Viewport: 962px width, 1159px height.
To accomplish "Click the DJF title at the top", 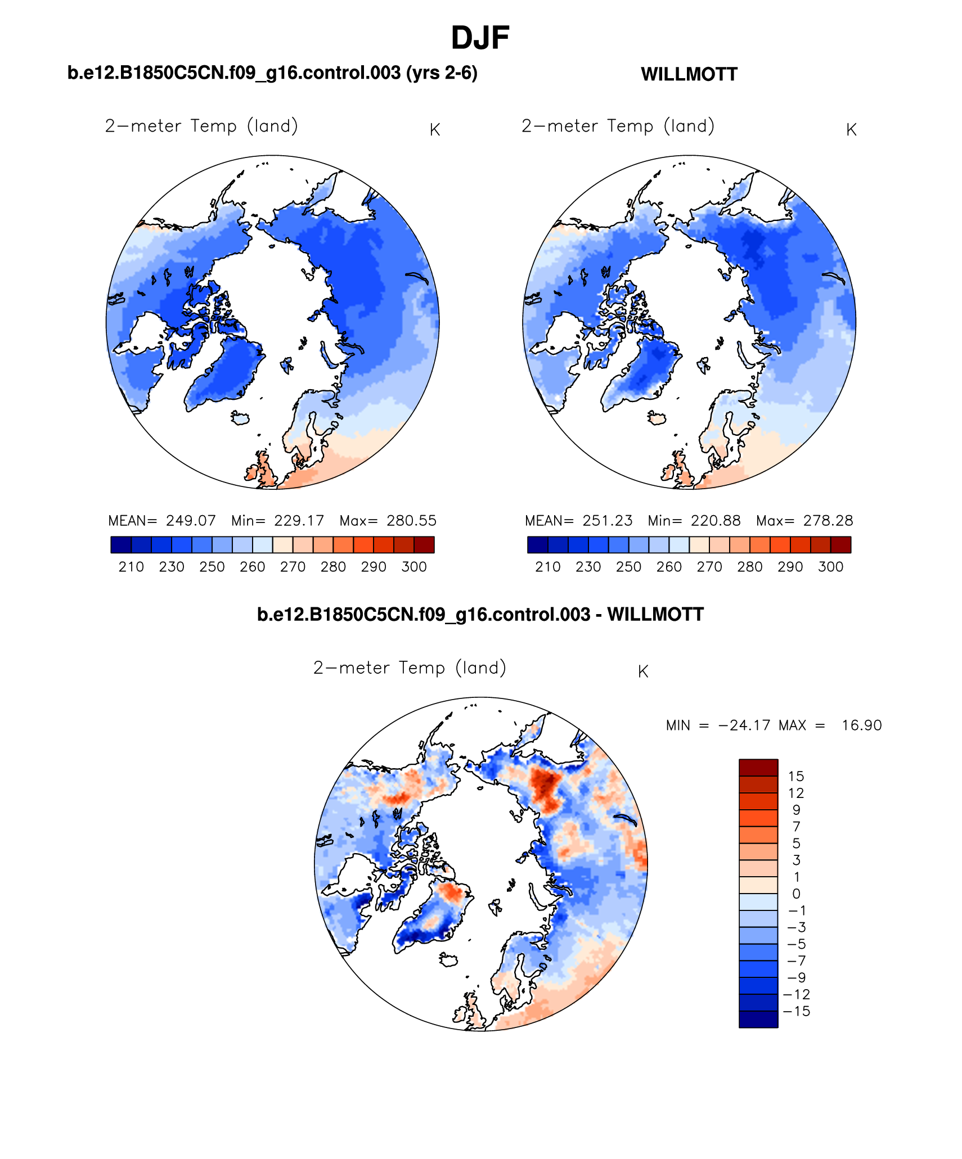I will point(480,38).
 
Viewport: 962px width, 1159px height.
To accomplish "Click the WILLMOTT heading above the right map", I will point(689,74).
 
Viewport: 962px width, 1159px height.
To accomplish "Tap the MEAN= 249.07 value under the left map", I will point(162,520).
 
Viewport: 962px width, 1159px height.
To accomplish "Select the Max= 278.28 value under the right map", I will point(804,520).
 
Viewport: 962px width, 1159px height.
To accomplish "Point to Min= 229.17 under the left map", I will point(277,520).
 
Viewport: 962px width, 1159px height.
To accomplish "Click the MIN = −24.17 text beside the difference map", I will point(717,725).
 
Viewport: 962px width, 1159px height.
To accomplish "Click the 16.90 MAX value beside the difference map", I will point(861,725).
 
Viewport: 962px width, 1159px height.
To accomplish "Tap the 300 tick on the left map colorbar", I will point(414,567).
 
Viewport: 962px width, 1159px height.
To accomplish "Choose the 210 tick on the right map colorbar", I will point(547,567).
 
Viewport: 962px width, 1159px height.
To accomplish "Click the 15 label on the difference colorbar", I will point(796,776).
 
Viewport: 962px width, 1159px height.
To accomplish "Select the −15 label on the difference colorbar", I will point(796,1011).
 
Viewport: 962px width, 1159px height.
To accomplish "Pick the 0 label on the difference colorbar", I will point(796,894).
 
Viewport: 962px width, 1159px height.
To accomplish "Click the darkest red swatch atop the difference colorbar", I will point(758,768).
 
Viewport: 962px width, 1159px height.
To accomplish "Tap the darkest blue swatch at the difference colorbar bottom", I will point(758,1019).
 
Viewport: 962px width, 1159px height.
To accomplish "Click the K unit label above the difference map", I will point(643,671).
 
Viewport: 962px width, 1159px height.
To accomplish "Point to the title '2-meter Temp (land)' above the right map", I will point(618,126).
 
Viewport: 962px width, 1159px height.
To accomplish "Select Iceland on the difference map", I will point(449,959).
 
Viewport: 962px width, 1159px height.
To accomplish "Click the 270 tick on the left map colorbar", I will point(293,567).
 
